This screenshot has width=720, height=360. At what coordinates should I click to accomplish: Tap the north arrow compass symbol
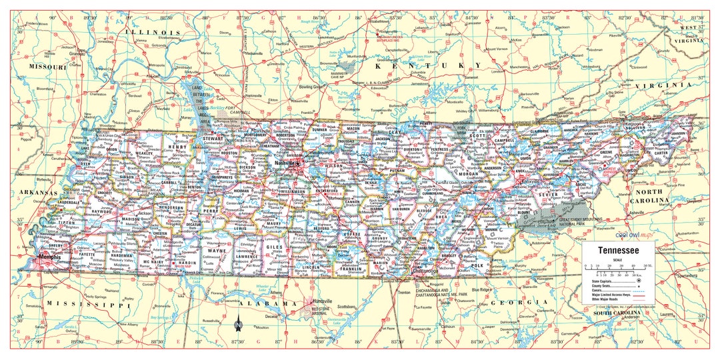238,325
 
